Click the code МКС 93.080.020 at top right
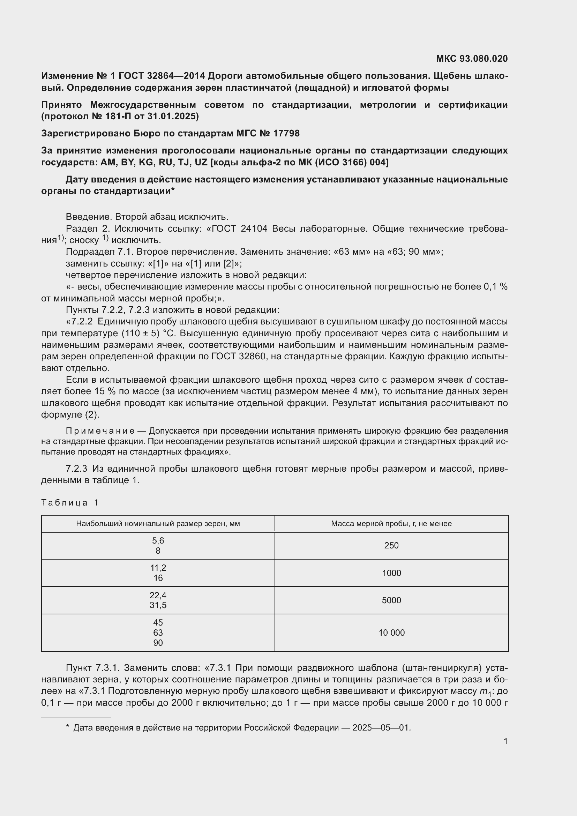tap(472, 59)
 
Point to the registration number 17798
tap(286, 133)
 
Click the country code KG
tap(146, 163)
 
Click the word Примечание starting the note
tap(100, 431)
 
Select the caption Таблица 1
tap(70, 502)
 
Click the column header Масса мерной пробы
tap(391, 524)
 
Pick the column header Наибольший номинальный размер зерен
tap(158, 524)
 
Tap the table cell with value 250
tap(391, 546)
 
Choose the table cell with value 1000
tap(391, 573)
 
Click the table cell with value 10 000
tap(391, 632)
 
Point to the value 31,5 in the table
tap(158, 605)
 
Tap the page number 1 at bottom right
tap(505, 741)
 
